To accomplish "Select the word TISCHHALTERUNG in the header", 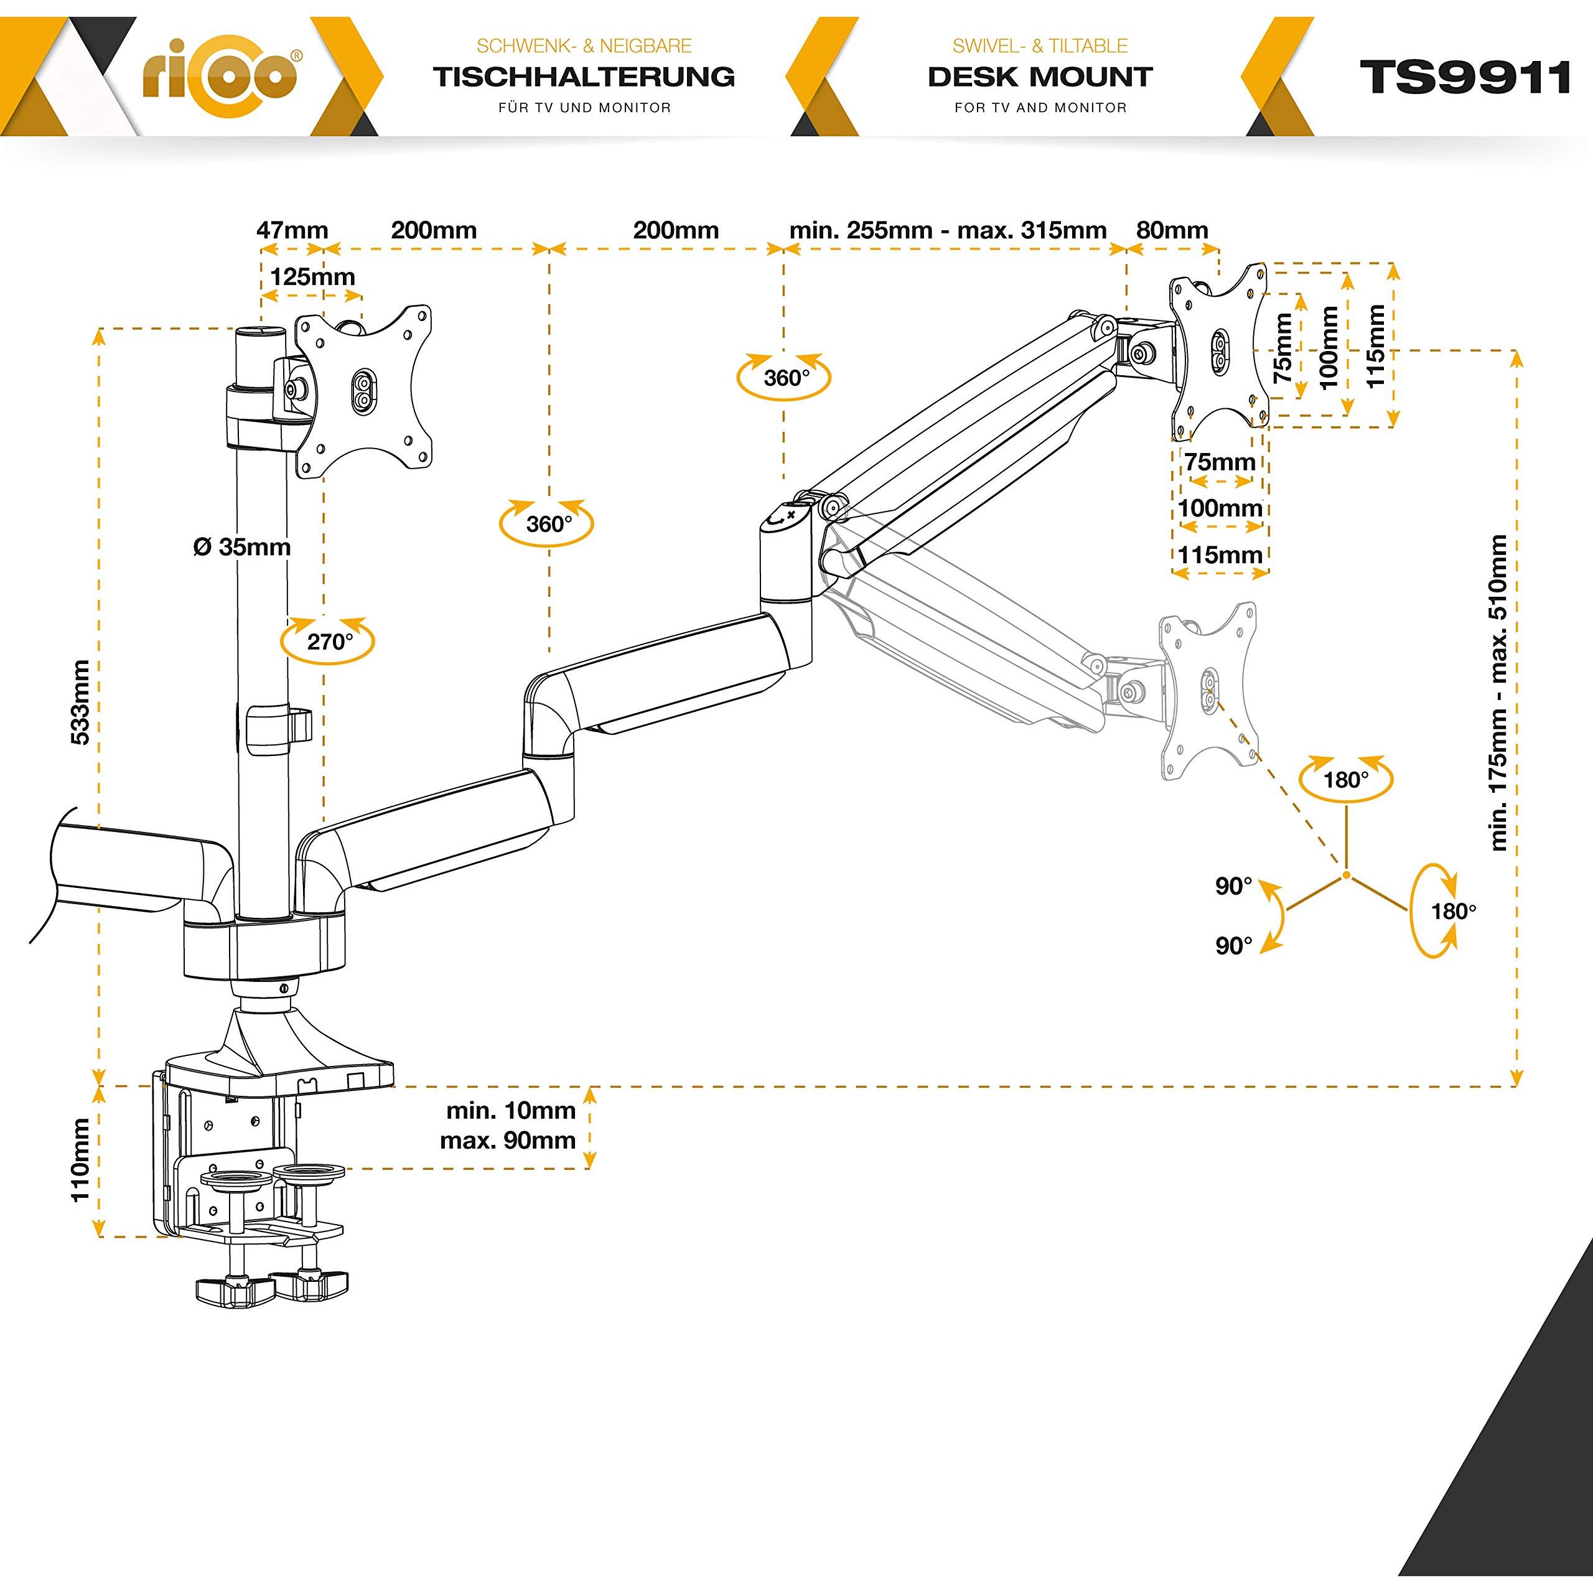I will (x=584, y=77).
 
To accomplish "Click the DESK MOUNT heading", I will (x=1040, y=77).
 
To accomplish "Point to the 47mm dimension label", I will (x=292, y=230).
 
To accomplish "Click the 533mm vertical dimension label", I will (x=81, y=702).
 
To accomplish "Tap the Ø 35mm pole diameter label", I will (x=241, y=547).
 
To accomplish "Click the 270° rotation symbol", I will (x=328, y=641).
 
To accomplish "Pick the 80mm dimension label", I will (x=1172, y=230).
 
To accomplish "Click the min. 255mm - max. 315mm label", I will (x=948, y=230).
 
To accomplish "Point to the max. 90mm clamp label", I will (x=508, y=1141).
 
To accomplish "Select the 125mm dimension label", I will (x=312, y=276).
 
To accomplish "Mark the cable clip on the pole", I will (x=278, y=722).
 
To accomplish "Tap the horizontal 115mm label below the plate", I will (x=1220, y=555).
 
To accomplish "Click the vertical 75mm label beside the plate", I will (x=1283, y=348).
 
